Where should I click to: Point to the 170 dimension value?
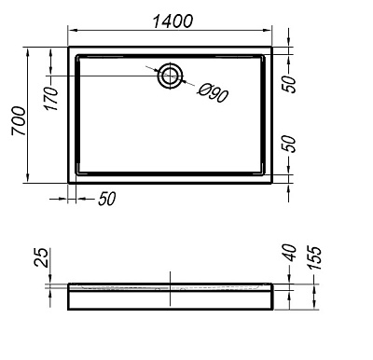click(x=50, y=96)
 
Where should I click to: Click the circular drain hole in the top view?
click(x=171, y=76)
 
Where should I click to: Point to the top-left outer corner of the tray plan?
click(x=69, y=43)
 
